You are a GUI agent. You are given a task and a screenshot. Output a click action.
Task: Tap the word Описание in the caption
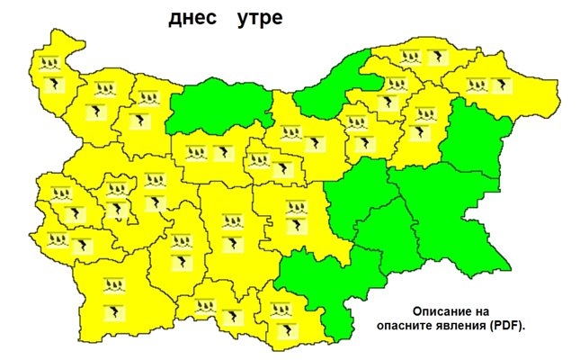click(x=433, y=307)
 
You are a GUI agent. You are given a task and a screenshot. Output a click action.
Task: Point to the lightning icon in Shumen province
click(x=417, y=132)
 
